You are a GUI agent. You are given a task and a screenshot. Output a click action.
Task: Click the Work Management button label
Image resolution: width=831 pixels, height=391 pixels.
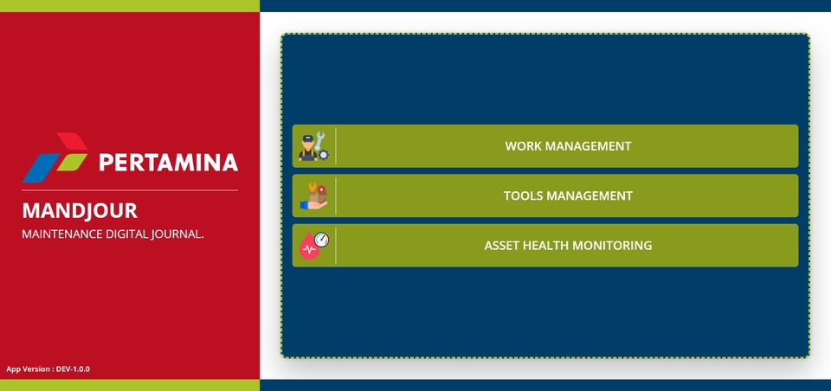point(568,146)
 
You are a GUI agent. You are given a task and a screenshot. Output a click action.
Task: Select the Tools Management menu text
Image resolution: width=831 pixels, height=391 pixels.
point(568,196)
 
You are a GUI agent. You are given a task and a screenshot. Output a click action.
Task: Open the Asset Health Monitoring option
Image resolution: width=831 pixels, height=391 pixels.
point(568,246)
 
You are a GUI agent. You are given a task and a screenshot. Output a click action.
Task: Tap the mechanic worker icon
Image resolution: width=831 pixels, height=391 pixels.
point(308,148)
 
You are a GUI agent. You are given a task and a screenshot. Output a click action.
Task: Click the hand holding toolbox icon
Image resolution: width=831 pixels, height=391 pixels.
point(313,196)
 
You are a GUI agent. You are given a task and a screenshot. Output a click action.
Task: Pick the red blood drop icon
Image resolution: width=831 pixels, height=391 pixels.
point(308,247)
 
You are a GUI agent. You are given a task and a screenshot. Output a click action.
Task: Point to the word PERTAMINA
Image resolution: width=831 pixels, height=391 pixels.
point(169,162)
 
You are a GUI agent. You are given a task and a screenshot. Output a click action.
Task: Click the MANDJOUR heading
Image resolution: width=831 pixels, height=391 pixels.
point(80,211)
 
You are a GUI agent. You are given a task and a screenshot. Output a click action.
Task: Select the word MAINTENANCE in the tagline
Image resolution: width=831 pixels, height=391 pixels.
point(62,234)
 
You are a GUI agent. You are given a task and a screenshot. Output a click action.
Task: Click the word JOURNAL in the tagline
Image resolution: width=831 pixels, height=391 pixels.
point(177,234)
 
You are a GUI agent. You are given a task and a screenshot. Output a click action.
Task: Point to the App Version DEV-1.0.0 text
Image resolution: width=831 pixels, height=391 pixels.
point(48,369)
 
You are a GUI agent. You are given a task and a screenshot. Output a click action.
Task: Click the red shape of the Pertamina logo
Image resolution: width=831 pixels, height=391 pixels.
point(72,141)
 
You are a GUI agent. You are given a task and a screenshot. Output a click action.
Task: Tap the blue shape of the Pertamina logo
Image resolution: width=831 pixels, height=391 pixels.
point(41,168)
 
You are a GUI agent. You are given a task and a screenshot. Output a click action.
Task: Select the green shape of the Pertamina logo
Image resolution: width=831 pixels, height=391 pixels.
point(72,162)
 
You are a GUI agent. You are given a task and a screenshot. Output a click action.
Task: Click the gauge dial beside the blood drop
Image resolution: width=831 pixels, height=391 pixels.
point(322,240)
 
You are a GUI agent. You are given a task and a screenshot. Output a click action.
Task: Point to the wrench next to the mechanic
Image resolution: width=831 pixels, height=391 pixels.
point(319,141)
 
